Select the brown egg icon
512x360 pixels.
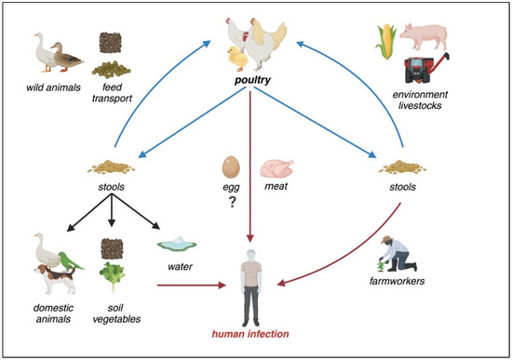[231, 167]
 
